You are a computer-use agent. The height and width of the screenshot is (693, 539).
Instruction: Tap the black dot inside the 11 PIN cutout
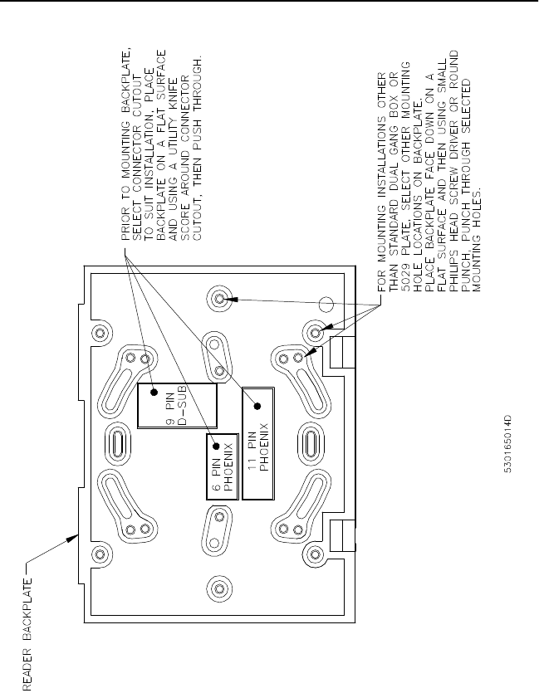point(258,406)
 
